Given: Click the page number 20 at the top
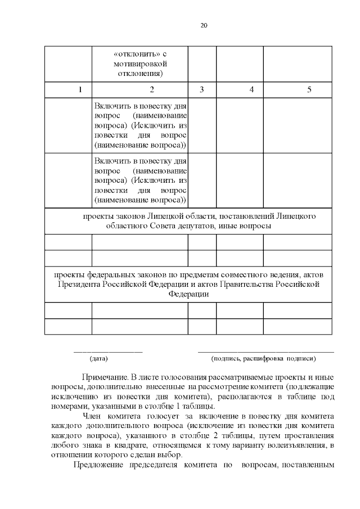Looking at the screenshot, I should [x=204, y=25].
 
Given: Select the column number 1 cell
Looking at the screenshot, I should [x=80, y=90].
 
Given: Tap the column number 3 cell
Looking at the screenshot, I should [x=201, y=90].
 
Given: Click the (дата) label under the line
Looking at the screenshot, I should [x=99, y=358].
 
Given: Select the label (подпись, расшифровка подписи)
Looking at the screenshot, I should [x=263, y=358].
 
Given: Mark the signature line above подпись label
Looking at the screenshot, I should [x=265, y=352].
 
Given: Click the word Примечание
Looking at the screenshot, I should [x=104, y=376].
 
